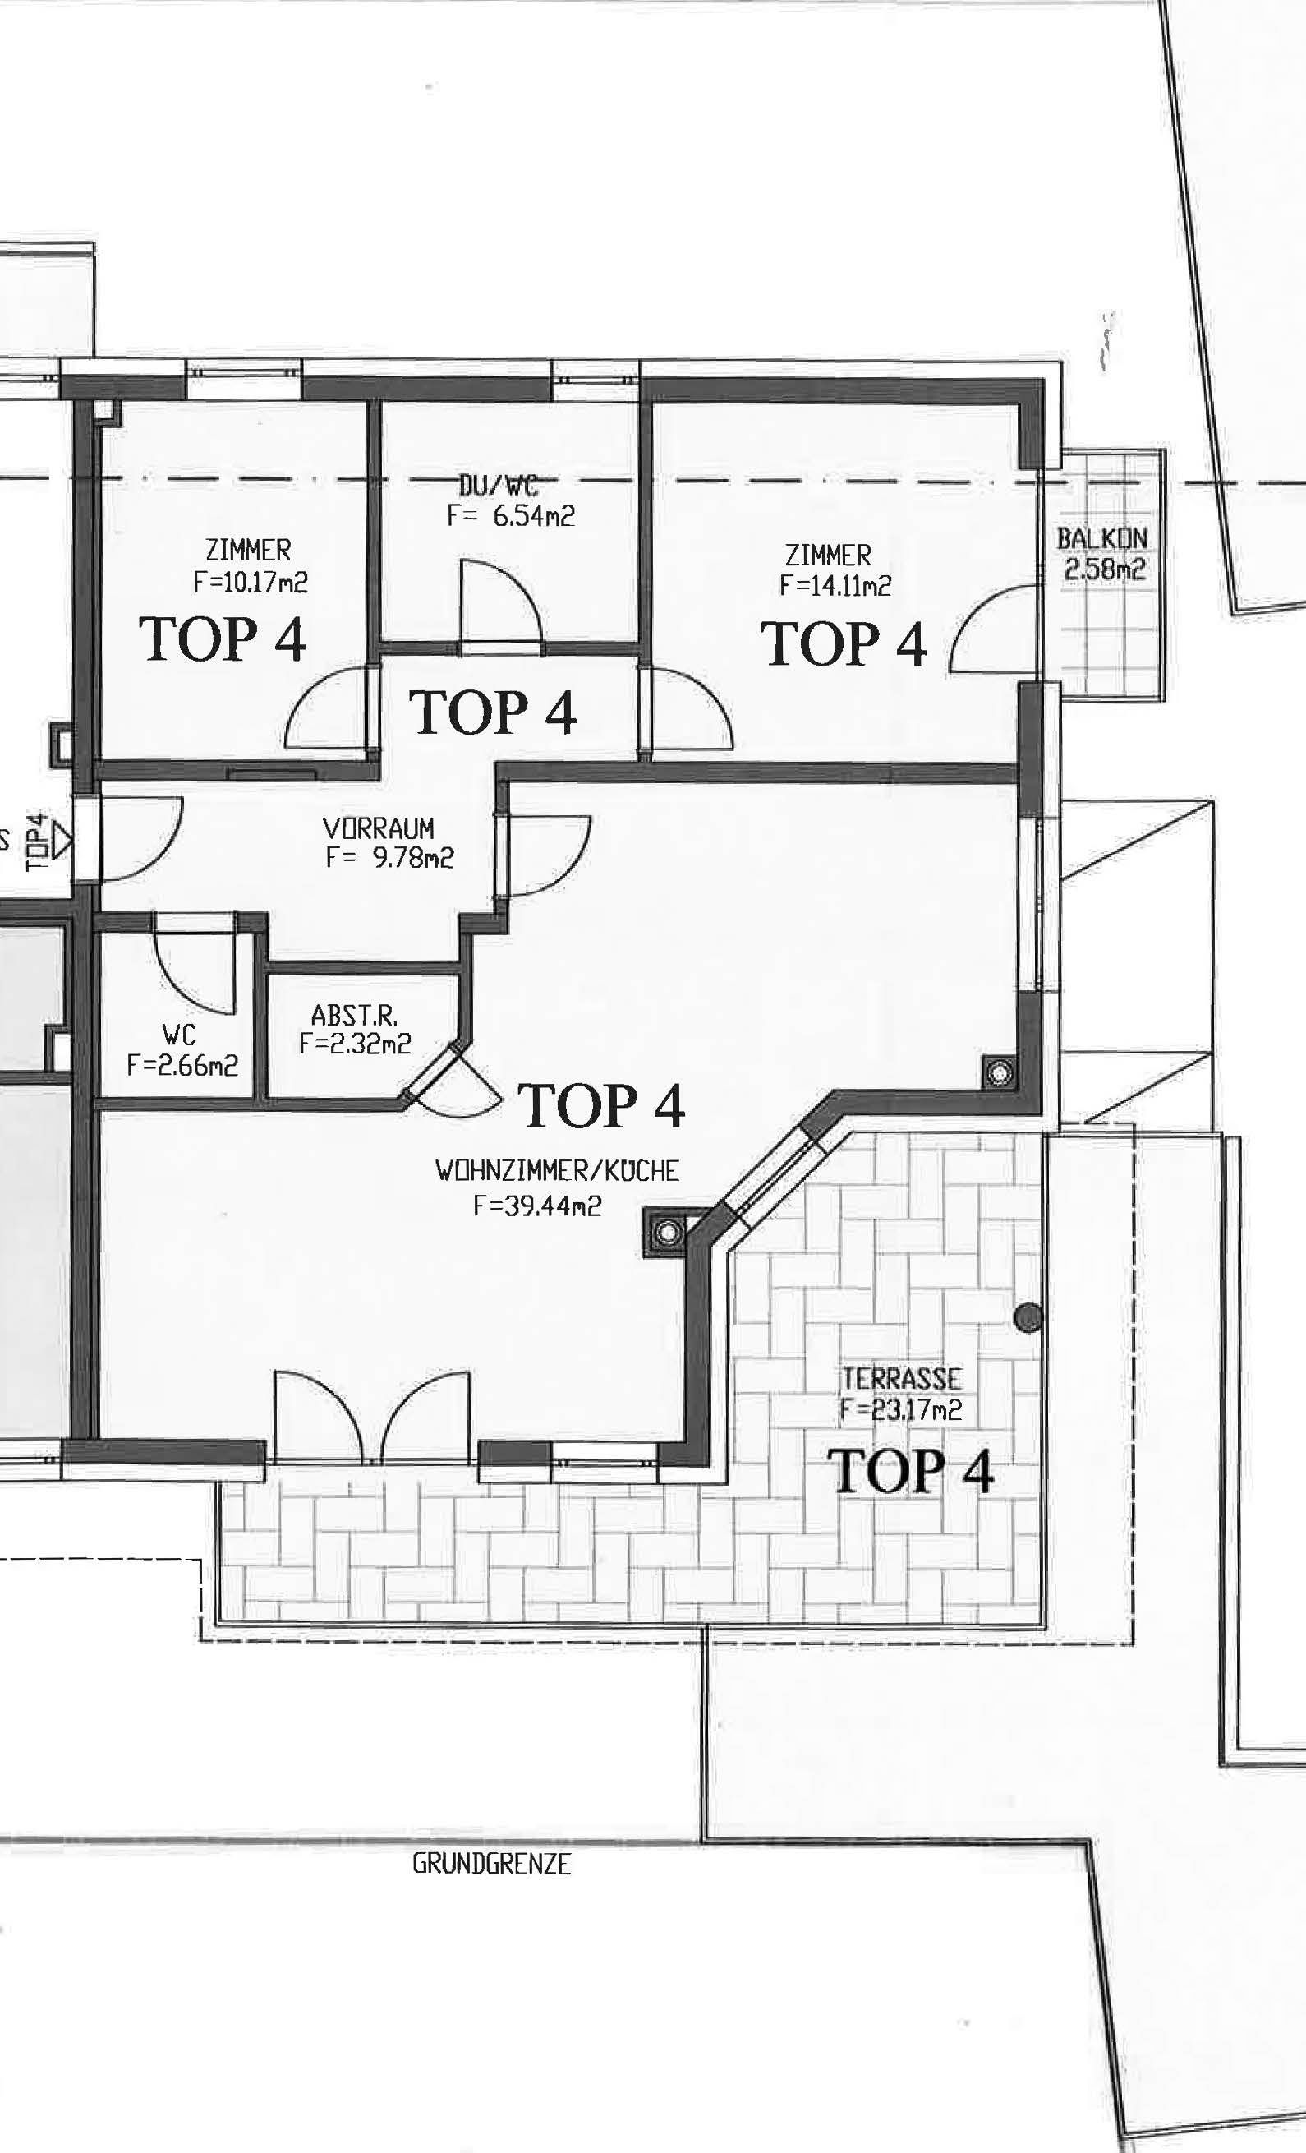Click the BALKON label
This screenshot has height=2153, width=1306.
(x=1101, y=538)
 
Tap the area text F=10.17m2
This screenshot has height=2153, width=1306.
(x=251, y=582)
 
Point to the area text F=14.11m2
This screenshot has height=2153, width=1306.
(x=836, y=585)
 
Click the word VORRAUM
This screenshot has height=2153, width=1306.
(x=379, y=828)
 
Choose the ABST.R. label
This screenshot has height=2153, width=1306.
(x=355, y=1016)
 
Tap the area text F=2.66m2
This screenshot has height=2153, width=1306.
(x=182, y=1065)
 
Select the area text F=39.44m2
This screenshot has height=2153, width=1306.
(x=537, y=1206)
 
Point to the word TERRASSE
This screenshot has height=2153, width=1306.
(x=902, y=1379)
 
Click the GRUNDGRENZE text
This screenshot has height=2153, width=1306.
(x=492, y=1864)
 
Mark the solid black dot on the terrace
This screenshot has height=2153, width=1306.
(x=1029, y=1316)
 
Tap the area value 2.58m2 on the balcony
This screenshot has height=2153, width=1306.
(x=1104, y=569)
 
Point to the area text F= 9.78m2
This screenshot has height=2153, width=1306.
(x=389, y=858)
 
